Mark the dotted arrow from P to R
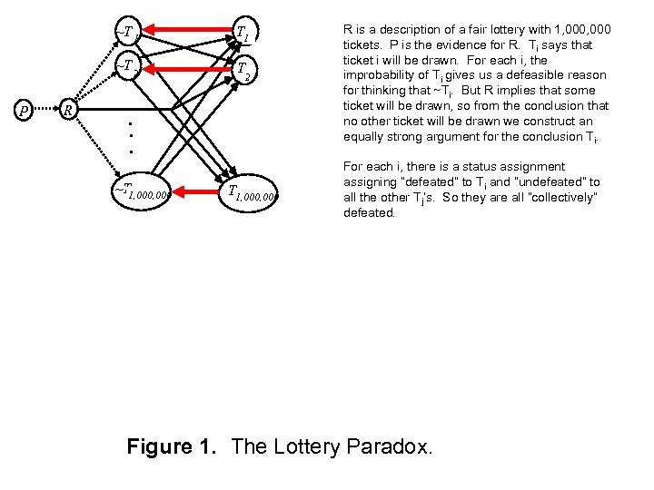point(44,112)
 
